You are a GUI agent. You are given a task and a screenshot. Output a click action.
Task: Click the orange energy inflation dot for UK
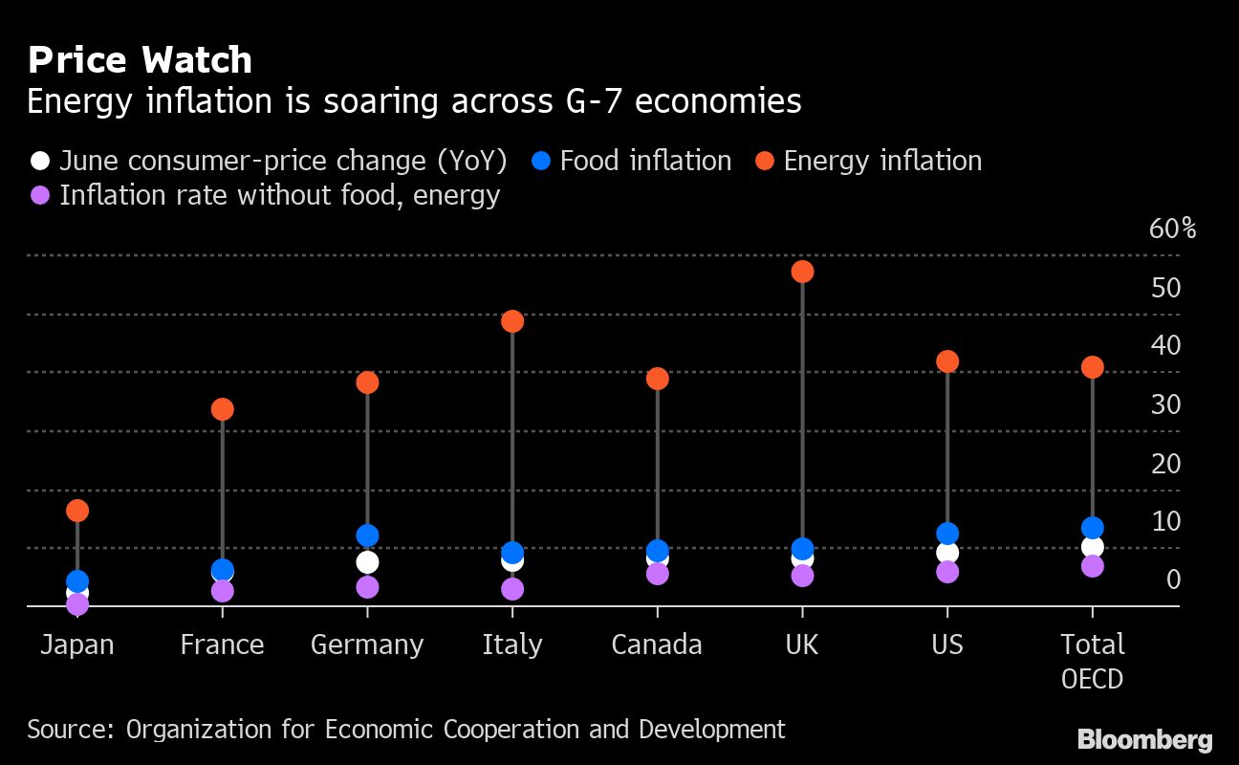point(802,272)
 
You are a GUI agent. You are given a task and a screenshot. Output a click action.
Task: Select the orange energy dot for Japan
point(77,511)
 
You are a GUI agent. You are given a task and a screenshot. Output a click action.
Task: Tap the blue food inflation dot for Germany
point(367,535)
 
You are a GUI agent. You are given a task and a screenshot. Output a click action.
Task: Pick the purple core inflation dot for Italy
point(512,589)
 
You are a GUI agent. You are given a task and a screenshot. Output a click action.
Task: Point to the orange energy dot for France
point(222,409)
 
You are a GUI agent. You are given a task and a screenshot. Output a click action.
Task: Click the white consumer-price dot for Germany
point(367,562)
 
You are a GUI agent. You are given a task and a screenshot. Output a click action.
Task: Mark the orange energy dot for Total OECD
point(1093,367)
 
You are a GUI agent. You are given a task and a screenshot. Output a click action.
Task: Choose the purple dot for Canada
point(657,574)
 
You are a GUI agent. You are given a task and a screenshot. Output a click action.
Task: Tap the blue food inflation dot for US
point(947,534)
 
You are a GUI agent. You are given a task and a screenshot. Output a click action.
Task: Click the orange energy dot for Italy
point(512,321)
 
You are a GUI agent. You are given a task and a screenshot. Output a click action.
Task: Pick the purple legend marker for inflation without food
point(39,195)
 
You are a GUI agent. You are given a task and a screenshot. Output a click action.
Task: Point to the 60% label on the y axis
point(1172,229)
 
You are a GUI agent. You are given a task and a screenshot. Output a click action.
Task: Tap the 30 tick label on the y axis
point(1165,404)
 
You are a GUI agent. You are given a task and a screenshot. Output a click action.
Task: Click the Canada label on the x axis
point(657,645)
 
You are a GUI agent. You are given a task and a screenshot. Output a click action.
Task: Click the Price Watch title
point(140,60)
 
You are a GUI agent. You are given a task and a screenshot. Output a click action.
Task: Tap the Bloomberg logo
point(1144,739)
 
